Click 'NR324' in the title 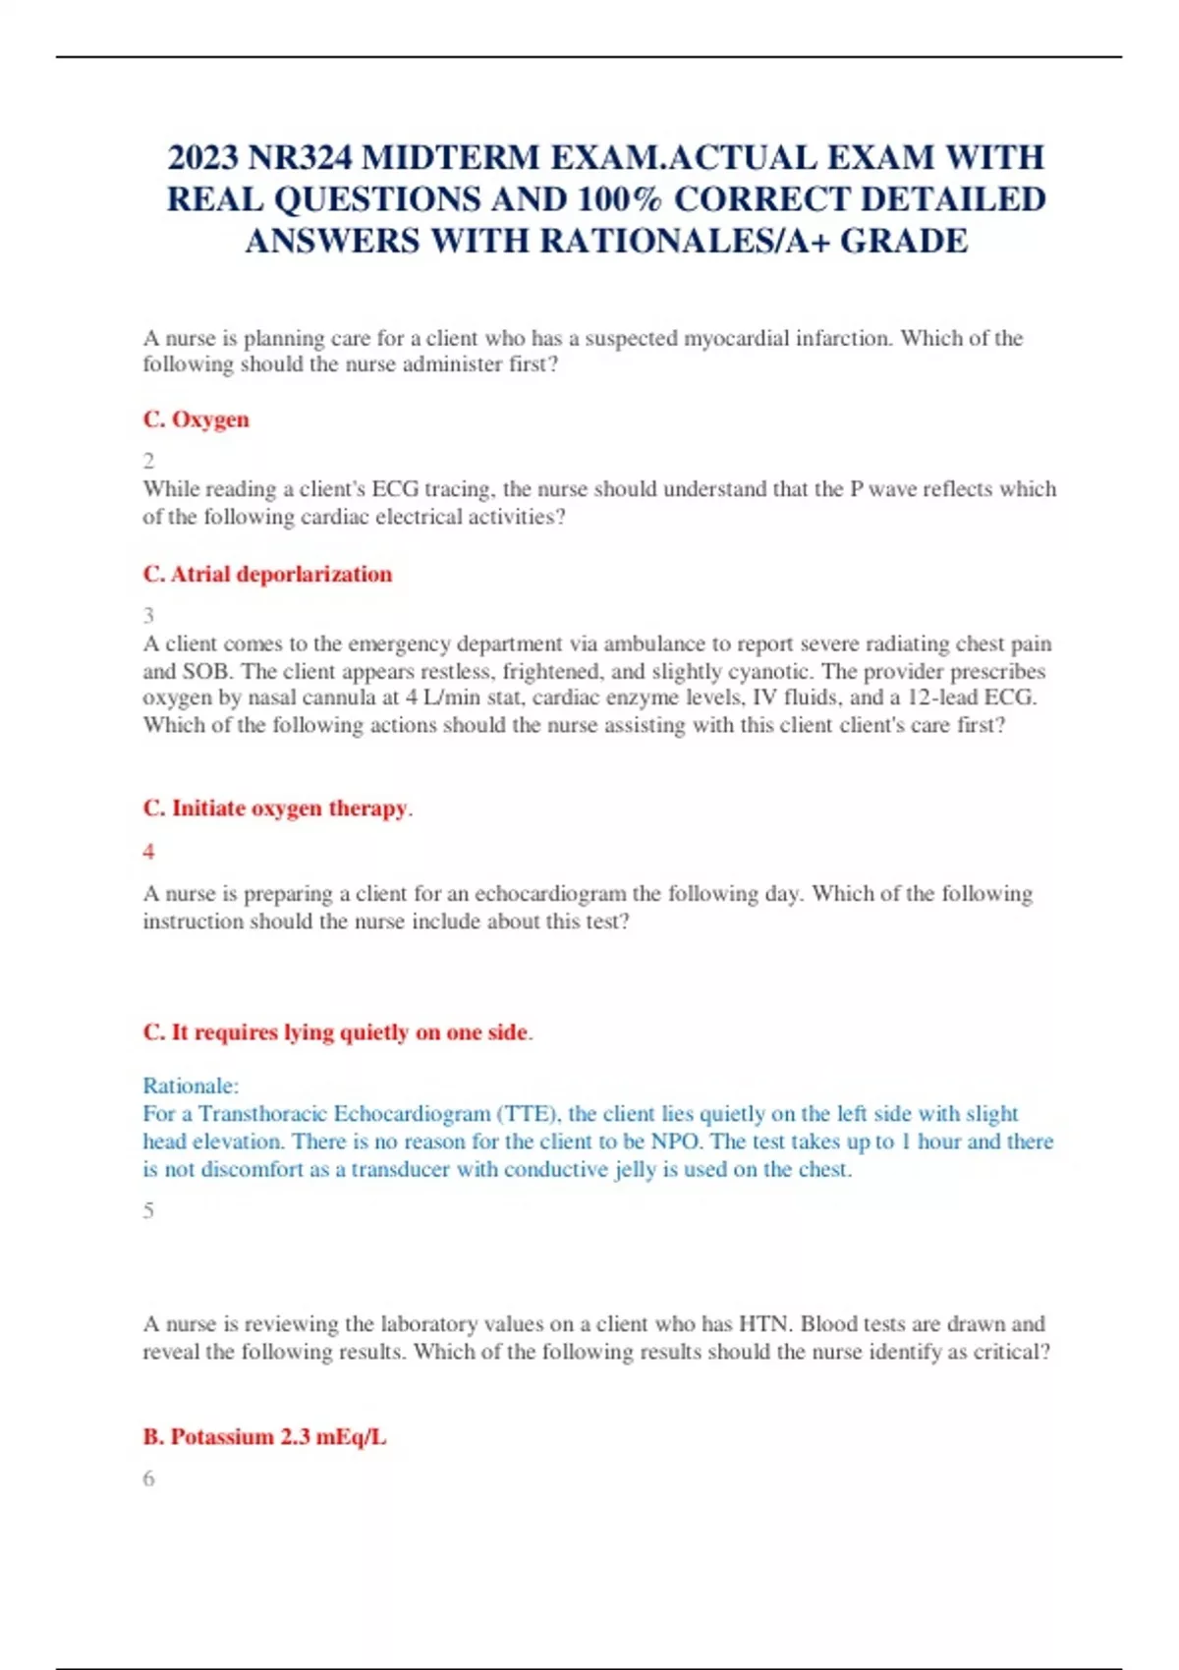299,158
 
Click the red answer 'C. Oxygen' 196,419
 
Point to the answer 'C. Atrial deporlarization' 267,575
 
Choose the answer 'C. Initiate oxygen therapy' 275,808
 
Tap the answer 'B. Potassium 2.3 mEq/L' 264,1437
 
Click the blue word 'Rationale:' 191,1086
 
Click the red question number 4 148,852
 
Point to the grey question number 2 148,461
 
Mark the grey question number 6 148,1478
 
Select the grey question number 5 148,1210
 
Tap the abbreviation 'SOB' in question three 206,672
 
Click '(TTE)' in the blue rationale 530,1114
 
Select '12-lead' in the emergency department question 928,698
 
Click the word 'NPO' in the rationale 674,1141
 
